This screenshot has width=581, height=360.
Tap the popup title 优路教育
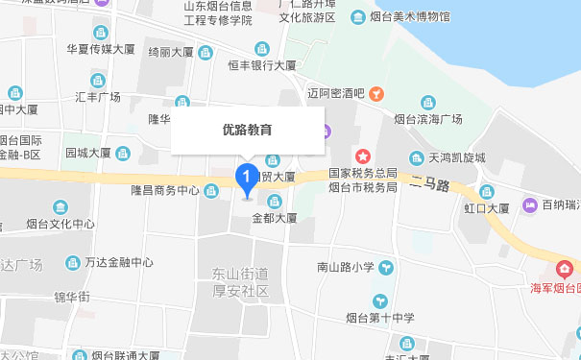coord(247,129)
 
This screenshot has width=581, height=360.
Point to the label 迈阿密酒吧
coord(336,93)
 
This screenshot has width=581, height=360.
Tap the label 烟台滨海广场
coord(428,119)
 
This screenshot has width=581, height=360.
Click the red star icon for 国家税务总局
coord(363,156)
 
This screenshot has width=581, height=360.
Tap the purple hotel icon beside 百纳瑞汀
coord(528,204)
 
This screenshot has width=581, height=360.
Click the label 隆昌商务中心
coord(165,190)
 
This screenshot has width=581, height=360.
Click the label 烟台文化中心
coord(61,224)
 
